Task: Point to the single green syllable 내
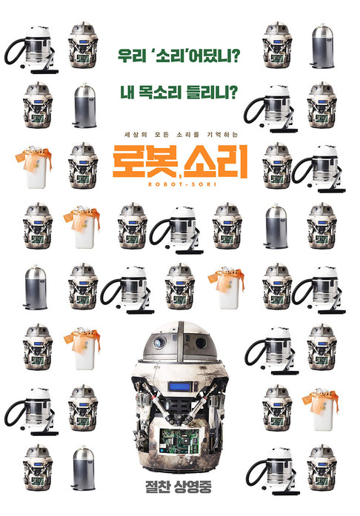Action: point(127,92)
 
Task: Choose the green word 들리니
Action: point(206,92)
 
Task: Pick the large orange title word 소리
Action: point(215,161)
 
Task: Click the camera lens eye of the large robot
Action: point(159,343)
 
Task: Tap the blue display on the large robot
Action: point(179,386)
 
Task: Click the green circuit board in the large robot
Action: point(179,442)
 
